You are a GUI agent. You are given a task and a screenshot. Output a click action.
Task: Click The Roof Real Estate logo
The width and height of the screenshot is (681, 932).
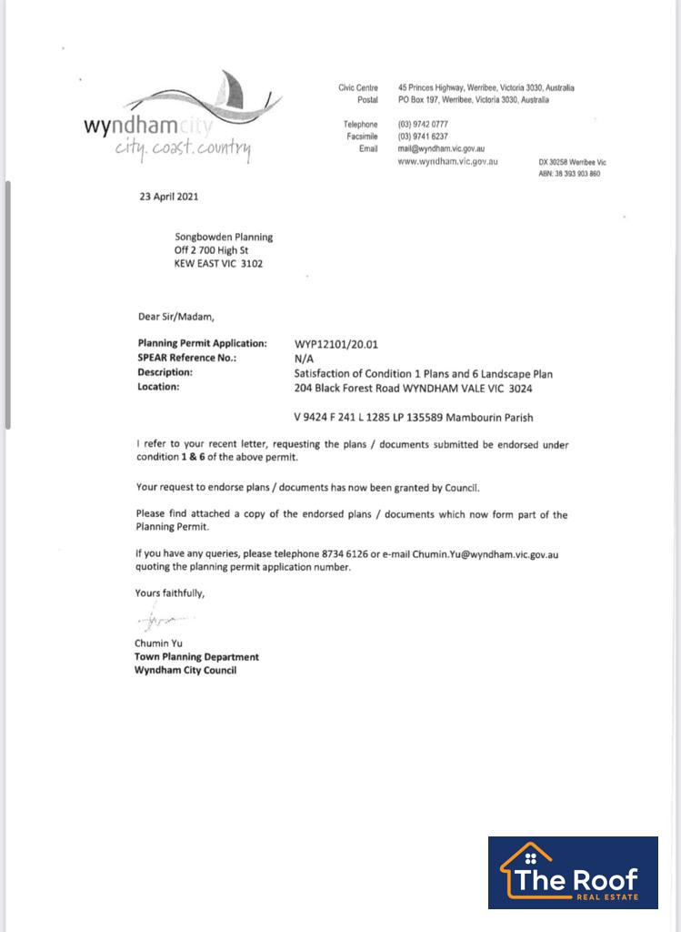pyautogui.click(x=573, y=872)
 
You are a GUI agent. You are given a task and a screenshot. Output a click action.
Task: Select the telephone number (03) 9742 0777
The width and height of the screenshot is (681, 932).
pyautogui.click(x=423, y=124)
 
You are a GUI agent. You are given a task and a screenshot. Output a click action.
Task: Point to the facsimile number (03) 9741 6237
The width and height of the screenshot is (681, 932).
pyautogui.click(x=423, y=137)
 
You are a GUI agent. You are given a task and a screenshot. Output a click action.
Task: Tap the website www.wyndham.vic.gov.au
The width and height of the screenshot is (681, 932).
pyautogui.click(x=447, y=161)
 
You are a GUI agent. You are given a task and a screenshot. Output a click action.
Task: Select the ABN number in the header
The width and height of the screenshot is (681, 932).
pyautogui.click(x=569, y=174)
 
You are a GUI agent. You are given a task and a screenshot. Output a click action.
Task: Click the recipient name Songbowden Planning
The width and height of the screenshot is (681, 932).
pyautogui.click(x=224, y=237)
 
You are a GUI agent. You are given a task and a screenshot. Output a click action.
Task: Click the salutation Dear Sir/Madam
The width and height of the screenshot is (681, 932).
pyautogui.click(x=175, y=317)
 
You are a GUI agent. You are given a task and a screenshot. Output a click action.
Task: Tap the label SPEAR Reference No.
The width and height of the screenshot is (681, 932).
pyautogui.click(x=186, y=359)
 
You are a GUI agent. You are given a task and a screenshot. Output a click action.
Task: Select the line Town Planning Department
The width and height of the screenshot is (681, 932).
pyautogui.click(x=196, y=656)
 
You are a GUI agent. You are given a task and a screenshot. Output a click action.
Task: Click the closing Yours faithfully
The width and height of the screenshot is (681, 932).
pyautogui.click(x=170, y=593)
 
